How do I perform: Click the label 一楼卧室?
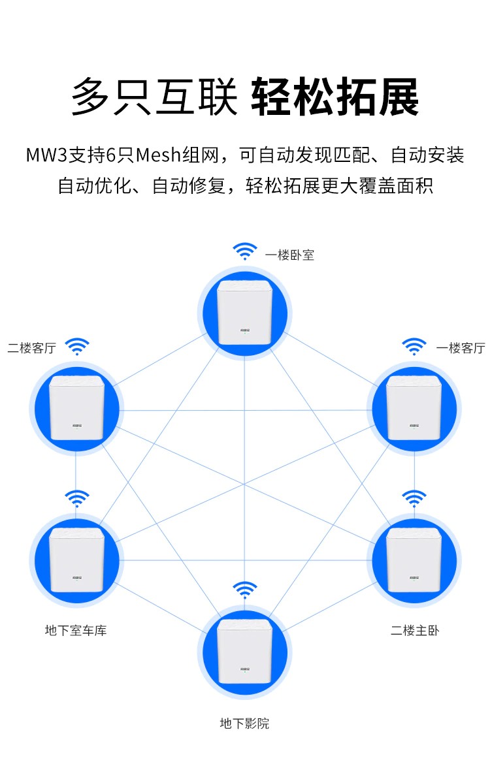point(289,255)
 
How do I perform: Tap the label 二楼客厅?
point(32,349)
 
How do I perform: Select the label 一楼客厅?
point(461,349)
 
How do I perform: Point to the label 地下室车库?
point(76,630)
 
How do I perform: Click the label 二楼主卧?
point(415,630)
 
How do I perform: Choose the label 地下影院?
point(244,723)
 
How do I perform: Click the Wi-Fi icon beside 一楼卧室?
point(245,251)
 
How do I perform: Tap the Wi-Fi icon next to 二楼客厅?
point(77,346)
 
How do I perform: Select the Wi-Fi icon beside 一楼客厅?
point(414,346)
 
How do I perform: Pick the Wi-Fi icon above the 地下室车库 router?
point(77,498)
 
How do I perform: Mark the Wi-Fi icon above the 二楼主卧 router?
point(414,498)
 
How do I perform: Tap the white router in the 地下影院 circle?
point(244,652)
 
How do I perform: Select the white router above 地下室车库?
point(76,560)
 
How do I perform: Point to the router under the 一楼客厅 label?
point(414,408)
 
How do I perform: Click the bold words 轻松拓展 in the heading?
point(335,97)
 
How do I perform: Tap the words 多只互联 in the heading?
point(154,97)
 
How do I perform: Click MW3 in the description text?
point(46,155)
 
